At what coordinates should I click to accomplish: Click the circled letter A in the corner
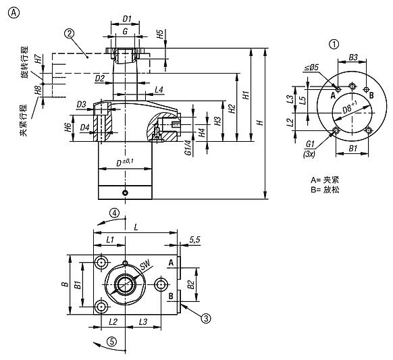[x=14, y=13]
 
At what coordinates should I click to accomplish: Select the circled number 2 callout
[x=70, y=33]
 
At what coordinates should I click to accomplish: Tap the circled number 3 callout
[x=206, y=318]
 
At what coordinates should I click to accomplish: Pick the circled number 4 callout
[x=115, y=213]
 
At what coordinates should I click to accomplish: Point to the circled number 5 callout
[x=112, y=342]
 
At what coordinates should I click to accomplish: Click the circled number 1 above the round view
[x=334, y=45]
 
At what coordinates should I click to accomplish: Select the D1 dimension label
[x=127, y=18]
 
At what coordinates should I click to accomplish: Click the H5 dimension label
[x=159, y=34]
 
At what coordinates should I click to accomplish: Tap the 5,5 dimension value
[x=194, y=240]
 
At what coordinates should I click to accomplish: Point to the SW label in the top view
[x=145, y=265]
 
